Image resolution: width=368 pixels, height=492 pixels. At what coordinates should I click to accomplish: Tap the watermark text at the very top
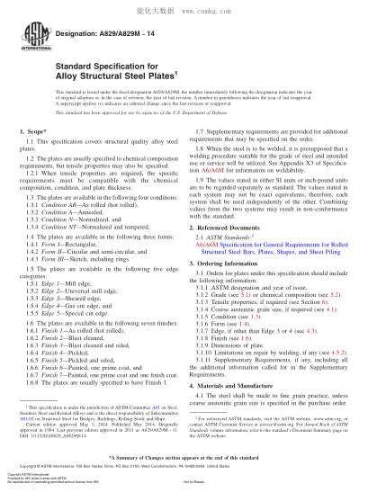[x=184, y=7]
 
